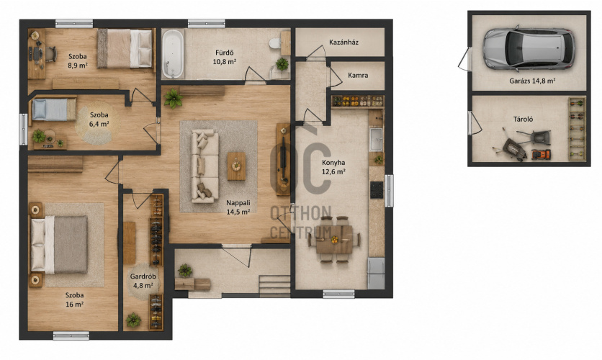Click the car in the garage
coord(529,49)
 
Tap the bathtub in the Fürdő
coord(173,54)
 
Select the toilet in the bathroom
coord(275,43)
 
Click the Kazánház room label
coord(344,42)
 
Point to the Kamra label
coord(358,75)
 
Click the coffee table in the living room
coord(236,166)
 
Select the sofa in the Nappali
coord(205,166)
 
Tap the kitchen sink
coord(376,139)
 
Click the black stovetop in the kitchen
coord(377,189)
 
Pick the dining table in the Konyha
coord(334,240)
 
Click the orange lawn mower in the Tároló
coord(541,154)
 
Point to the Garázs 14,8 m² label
coord(532,81)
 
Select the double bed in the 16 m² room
coord(58,245)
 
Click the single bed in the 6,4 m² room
coord(53,109)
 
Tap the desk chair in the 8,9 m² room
coord(50,54)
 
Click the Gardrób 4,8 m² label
coord(143,281)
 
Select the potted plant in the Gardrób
coord(133,320)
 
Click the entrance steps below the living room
coord(274,287)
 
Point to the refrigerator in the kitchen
coord(376,274)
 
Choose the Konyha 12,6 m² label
coord(333,167)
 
